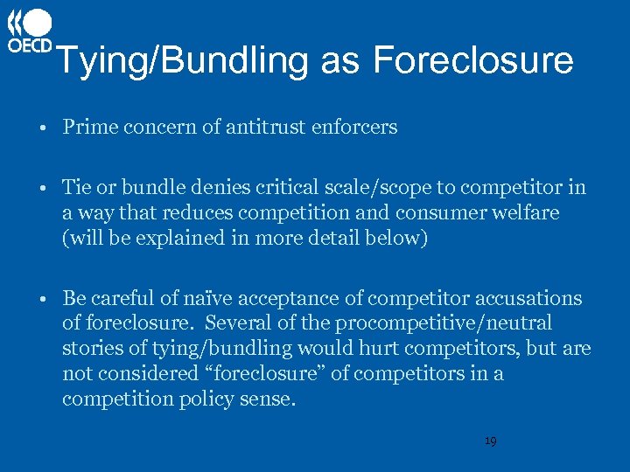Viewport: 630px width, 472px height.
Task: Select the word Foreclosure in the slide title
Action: [x=472, y=60]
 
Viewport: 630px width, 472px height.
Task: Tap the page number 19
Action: [x=490, y=441]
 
